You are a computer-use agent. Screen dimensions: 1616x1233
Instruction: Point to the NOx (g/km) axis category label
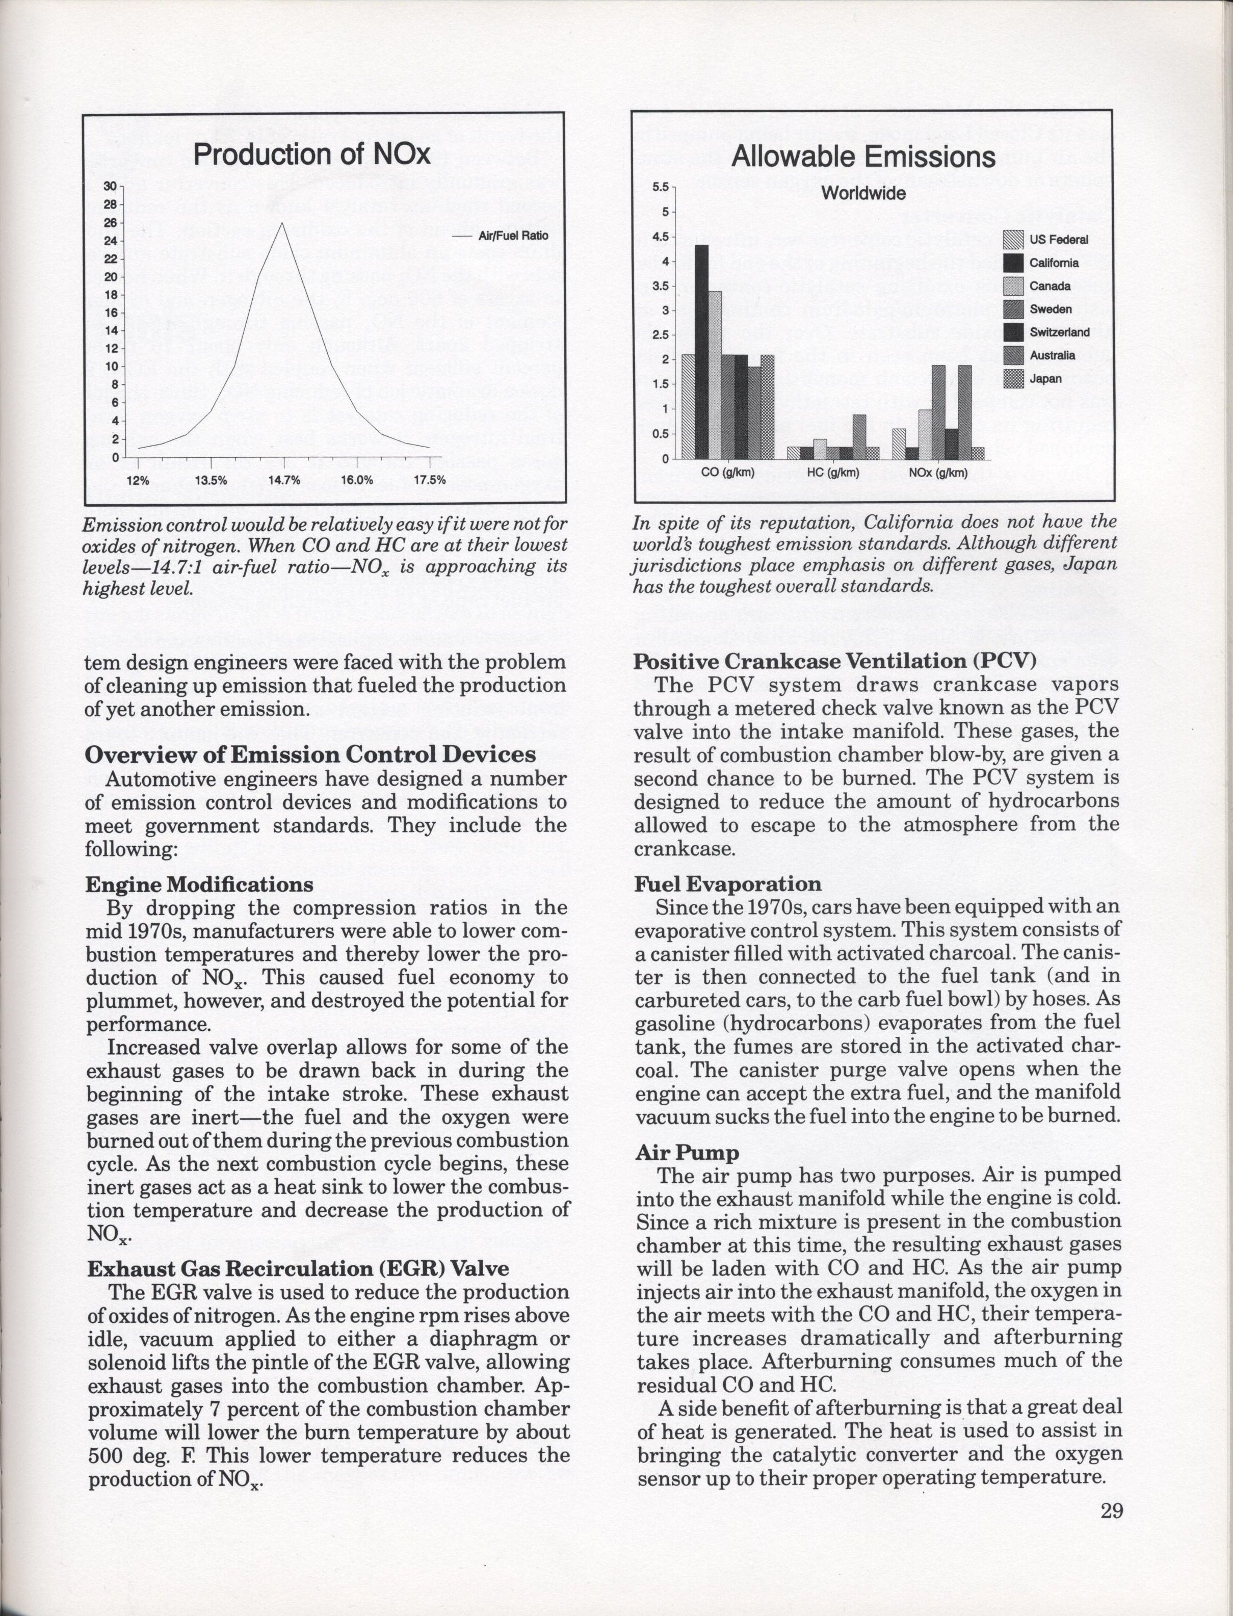[x=938, y=472]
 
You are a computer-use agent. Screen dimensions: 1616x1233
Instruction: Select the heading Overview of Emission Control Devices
[x=310, y=754]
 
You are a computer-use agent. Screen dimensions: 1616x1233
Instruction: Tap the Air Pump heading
[x=687, y=1153]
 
